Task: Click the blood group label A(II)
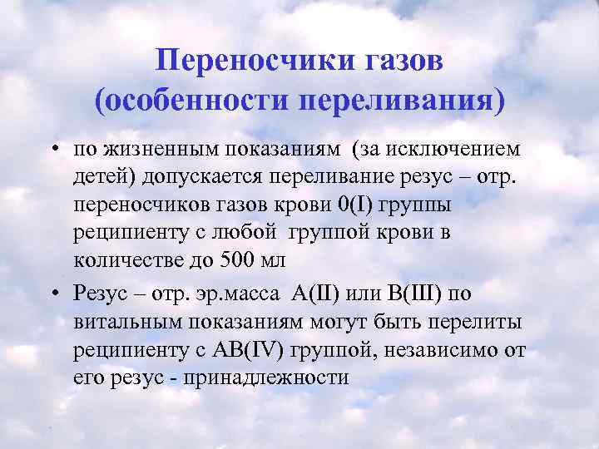pyautogui.click(x=316, y=295)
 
